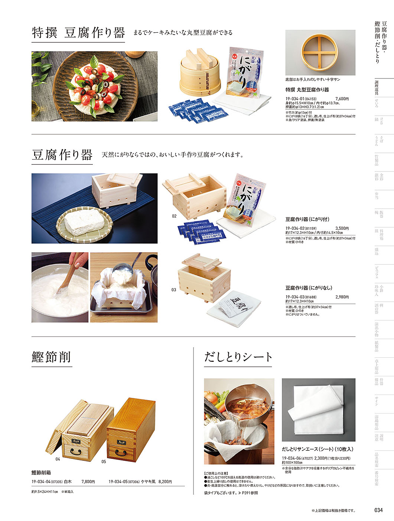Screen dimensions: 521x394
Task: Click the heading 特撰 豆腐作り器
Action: pos(78,33)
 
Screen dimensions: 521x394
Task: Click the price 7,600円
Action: pos(342,99)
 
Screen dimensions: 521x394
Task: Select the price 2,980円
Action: pos(342,297)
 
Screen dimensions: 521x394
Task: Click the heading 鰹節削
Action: pos(51,357)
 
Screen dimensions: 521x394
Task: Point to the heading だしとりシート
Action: pos(238,357)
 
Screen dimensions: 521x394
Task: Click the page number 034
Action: pos(378,510)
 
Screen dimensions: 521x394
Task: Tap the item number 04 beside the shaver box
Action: pos(58,459)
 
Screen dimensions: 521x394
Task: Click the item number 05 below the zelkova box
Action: pos(104,461)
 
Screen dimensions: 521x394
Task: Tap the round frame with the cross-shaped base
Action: pos(320,52)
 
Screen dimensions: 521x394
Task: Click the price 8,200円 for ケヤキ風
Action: pos(165,482)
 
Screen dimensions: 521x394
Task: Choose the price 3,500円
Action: pos(342,228)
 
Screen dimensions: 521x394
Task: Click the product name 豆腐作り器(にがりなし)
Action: pos(309,288)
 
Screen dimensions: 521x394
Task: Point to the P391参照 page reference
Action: pos(250,493)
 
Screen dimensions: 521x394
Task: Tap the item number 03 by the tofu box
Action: pos(174,290)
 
